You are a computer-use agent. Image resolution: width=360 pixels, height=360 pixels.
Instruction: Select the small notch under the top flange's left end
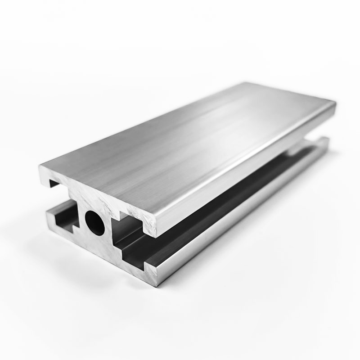point(54,183)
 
